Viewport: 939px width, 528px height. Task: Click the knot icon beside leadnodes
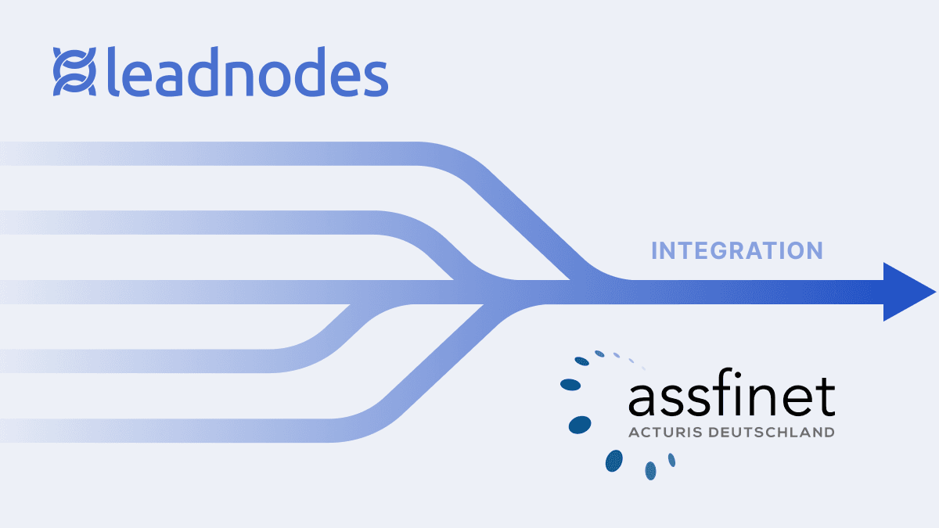pos(74,72)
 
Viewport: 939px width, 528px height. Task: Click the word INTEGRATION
pos(737,251)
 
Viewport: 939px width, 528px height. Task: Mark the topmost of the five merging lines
pos(235,153)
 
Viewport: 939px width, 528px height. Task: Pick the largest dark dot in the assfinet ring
pos(579,424)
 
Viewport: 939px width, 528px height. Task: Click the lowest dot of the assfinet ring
pos(649,470)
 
